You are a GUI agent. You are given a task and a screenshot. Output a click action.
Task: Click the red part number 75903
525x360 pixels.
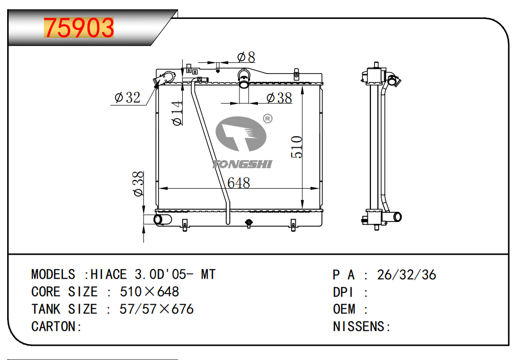point(79,28)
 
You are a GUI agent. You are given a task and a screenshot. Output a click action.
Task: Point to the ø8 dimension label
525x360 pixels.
point(246,57)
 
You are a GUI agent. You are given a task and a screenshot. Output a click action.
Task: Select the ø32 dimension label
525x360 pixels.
point(127,97)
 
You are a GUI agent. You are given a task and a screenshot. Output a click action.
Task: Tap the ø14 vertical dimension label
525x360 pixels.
point(178,113)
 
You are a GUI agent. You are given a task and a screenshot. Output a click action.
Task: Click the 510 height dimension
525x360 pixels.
point(297,147)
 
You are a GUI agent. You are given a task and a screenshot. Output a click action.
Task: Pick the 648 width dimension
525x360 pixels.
point(238,183)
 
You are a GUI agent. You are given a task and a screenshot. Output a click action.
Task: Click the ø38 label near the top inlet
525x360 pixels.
point(279,98)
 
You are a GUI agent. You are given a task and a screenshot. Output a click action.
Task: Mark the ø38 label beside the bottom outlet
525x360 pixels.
point(138,184)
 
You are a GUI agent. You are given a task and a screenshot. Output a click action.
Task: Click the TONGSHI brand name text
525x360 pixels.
point(242,164)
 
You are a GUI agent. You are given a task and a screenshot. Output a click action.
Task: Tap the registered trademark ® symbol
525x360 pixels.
point(268,119)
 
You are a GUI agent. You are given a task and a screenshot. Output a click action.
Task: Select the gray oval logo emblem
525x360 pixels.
point(241,134)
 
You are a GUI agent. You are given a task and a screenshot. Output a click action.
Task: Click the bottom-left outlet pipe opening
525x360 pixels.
point(158,219)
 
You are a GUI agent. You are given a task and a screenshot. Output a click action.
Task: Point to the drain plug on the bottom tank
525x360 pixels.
point(249,223)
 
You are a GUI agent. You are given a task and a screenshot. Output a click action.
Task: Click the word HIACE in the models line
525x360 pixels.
point(108,275)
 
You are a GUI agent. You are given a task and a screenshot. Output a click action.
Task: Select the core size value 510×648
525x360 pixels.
point(149,292)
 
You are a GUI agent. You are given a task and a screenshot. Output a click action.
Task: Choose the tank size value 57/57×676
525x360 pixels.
point(157,309)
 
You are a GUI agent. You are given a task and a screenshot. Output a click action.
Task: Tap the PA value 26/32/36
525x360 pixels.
point(406,275)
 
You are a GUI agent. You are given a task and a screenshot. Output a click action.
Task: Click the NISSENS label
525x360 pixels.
point(359,327)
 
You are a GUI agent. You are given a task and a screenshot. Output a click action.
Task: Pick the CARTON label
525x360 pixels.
point(54,327)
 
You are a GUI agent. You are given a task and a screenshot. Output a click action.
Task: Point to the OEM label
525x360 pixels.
point(344,309)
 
